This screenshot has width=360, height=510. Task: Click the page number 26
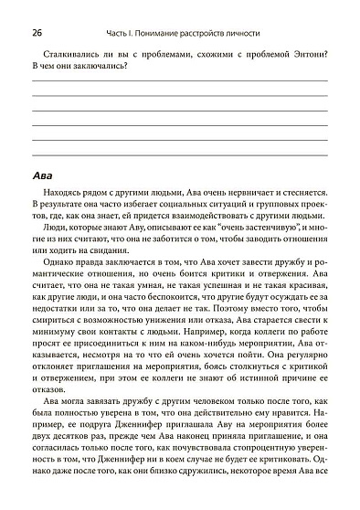[x=35, y=33]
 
